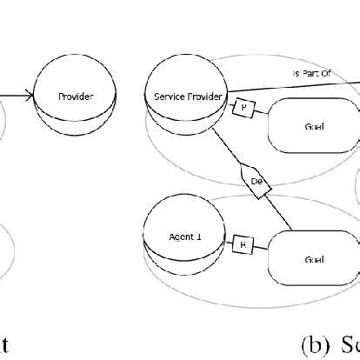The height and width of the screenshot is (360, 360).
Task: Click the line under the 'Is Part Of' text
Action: (x=296, y=86)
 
